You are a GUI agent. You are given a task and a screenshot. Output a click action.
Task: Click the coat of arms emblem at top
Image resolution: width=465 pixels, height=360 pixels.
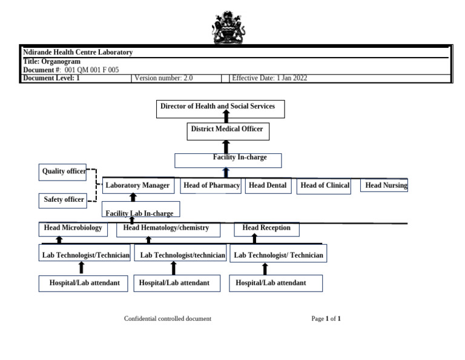(x=228, y=27)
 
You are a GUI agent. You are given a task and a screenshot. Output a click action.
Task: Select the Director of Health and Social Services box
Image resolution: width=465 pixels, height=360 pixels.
(x=220, y=108)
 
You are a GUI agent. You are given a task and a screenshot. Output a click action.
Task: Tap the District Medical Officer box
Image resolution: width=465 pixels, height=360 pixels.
(x=228, y=131)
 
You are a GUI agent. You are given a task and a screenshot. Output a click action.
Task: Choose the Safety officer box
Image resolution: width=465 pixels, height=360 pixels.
(x=63, y=199)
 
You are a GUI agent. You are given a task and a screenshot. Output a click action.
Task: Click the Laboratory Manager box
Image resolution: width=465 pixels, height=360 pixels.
(x=137, y=185)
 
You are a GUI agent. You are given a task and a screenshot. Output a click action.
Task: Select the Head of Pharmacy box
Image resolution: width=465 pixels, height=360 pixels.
(x=211, y=185)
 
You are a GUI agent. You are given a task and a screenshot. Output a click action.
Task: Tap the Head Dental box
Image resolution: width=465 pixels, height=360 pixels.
(x=268, y=185)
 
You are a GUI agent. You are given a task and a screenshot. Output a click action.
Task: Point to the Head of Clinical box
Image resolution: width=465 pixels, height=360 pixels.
(x=324, y=186)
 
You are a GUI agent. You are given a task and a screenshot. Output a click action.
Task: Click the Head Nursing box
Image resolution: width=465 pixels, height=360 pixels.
(x=384, y=185)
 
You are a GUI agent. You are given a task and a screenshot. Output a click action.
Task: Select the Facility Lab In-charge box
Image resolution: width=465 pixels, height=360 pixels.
(x=140, y=210)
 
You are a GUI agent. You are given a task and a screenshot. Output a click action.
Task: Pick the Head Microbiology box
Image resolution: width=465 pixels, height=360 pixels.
(x=73, y=229)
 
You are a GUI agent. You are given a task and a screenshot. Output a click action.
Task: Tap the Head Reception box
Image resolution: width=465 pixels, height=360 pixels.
(x=266, y=229)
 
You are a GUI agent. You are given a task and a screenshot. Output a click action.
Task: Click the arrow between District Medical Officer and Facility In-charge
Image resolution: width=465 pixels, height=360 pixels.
(x=226, y=147)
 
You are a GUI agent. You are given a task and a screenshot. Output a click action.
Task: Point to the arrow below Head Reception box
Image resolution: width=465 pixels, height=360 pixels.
(x=254, y=239)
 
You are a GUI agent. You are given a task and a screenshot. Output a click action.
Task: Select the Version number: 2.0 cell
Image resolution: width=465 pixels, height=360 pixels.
(x=176, y=78)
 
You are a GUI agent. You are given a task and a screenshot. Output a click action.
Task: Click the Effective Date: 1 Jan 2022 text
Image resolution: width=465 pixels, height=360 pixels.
(x=269, y=78)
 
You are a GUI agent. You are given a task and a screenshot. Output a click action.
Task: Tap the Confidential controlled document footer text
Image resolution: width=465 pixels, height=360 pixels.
(x=168, y=319)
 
